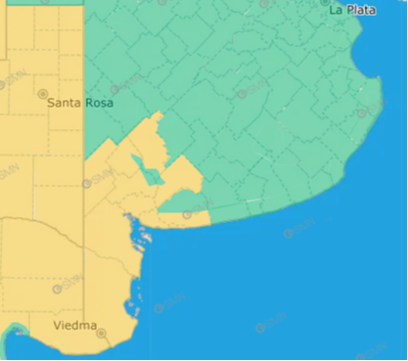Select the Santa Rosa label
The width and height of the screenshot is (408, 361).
(x=80, y=103)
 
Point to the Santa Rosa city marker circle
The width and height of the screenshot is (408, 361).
(x=42, y=94)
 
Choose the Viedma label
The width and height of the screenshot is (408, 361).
(x=75, y=325)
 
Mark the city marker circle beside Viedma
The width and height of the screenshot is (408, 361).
(x=101, y=334)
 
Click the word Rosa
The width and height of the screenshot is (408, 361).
(x=99, y=103)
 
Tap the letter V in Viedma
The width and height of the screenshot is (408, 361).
(x=58, y=325)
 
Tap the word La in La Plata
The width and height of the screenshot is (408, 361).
(x=335, y=10)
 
